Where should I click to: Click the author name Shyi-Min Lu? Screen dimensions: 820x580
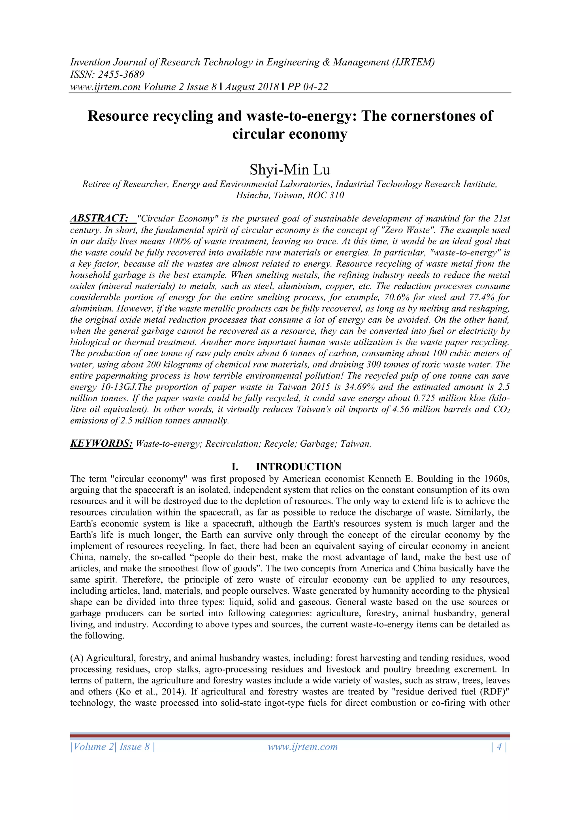point(290,170)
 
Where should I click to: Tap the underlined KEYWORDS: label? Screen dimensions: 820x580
point(101,444)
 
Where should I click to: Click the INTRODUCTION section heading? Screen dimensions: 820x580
point(298,467)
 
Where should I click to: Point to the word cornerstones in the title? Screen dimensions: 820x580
point(424,116)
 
